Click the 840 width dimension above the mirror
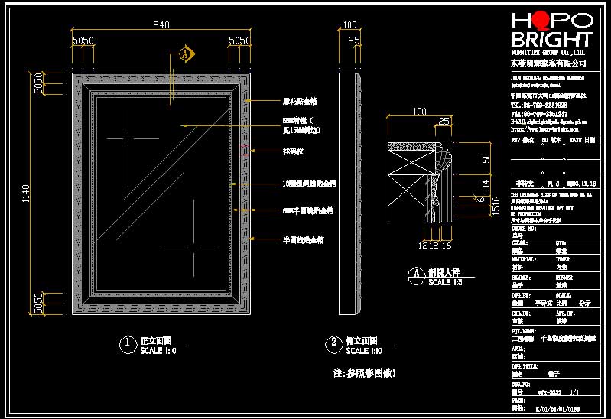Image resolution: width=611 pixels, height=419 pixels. pos(161,26)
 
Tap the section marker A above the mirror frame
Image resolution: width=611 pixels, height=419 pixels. pos(184,54)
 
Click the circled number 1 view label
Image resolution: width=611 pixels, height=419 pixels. pos(125,344)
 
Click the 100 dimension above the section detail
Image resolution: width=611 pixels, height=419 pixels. pos(419,112)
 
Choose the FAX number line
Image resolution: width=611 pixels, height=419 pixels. pos(538,112)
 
